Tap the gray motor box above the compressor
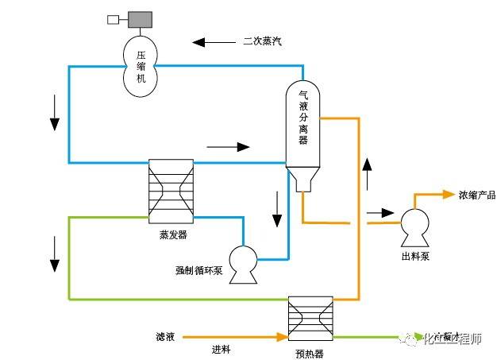(141, 18)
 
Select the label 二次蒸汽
(263, 41)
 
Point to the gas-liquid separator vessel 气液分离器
(302, 124)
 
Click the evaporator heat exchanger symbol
(171, 189)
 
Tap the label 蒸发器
(172, 235)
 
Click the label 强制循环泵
(198, 271)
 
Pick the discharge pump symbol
(415, 226)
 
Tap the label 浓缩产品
(476, 195)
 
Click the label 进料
(221, 349)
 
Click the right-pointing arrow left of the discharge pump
(379, 213)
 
